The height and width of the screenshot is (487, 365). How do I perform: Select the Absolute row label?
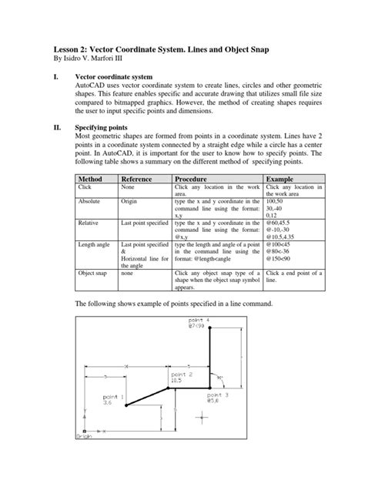click(91, 200)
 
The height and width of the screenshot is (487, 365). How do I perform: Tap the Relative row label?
click(90, 220)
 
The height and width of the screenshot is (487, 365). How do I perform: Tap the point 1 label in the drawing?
click(112, 395)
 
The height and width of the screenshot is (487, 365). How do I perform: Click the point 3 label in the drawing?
click(218, 395)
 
